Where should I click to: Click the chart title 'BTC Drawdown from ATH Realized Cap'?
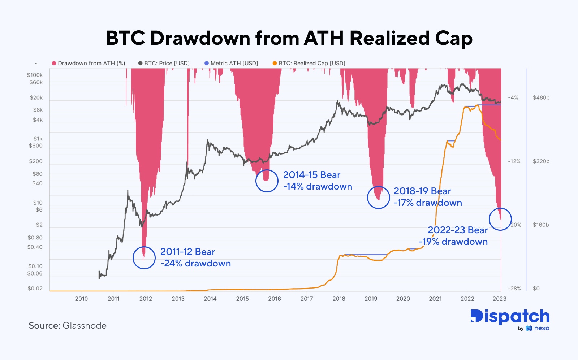[x=289, y=38]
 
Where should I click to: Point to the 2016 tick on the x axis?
[x=275, y=299]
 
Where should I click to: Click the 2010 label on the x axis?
[x=81, y=299]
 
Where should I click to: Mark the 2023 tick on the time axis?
[x=500, y=299]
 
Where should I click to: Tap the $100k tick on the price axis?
[x=35, y=75]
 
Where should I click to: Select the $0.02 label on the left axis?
[x=35, y=289]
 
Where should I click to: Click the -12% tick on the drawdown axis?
[x=514, y=161]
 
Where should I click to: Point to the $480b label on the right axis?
[x=541, y=97]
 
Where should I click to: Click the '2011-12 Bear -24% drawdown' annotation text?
[x=195, y=257]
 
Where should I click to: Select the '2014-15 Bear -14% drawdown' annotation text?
[x=318, y=181]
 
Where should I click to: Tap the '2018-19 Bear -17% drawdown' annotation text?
[x=428, y=197]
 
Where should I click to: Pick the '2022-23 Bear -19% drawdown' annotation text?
[x=453, y=236]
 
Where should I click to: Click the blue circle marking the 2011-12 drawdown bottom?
[x=144, y=257]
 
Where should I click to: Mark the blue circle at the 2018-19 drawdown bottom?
[x=379, y=197]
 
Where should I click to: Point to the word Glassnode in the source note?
[x=85, y=326]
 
